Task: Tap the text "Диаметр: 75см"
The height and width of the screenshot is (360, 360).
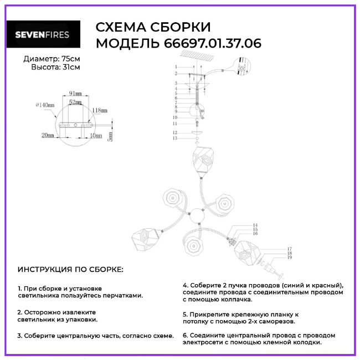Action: tap(52, 59)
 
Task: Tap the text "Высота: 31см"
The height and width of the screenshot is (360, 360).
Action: tap(55, 67)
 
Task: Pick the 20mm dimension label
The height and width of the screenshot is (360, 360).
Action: tap(48, 135)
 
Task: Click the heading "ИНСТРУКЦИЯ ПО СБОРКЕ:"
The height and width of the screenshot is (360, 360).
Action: tap(70, 269)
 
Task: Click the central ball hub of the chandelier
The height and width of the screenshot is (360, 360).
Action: tap(198, 215)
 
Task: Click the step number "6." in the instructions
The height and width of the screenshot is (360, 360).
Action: tap(186, 335)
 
